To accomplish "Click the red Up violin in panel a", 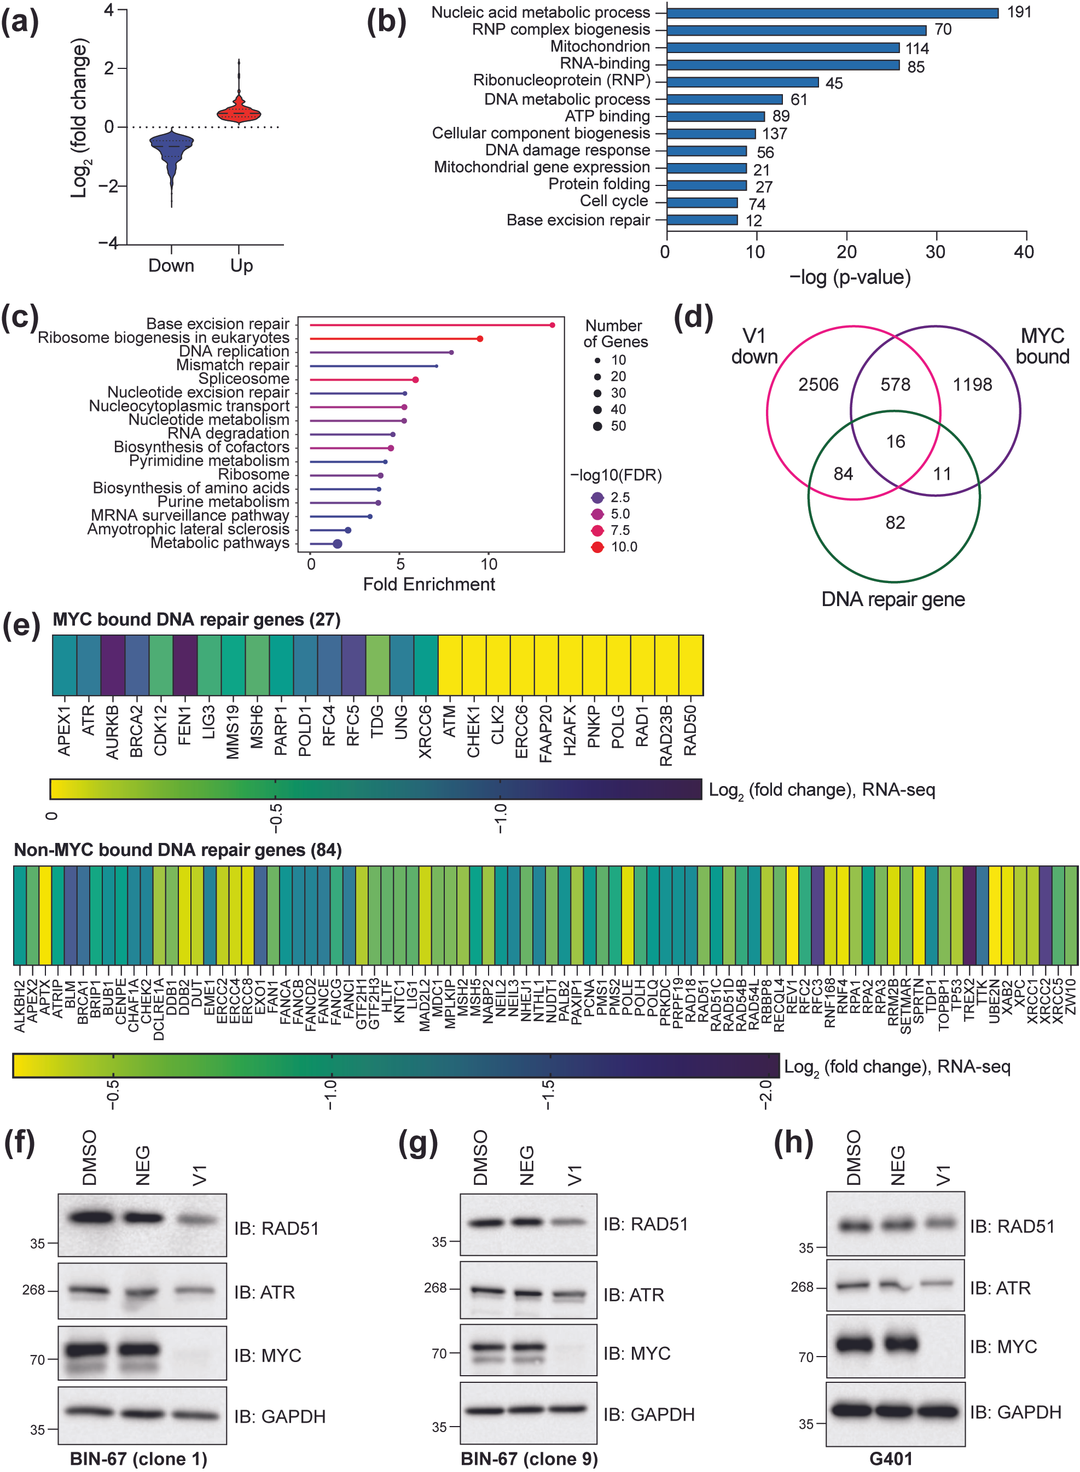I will click(239, 113).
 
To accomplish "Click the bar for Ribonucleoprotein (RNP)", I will click(742, 82).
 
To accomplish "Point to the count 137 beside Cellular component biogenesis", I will click(774, 133).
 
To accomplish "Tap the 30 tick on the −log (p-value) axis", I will click(936, 252).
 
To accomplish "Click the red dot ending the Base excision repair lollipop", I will click(553, 325).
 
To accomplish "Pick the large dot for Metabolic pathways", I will click(338, 544).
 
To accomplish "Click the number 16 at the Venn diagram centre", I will click(895, 442).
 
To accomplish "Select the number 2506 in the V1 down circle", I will click(818, 385).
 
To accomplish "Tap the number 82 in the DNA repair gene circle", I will click(895, 523).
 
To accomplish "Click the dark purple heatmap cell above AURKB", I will click(113, 665).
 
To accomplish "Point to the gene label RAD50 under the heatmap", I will click(690, 730).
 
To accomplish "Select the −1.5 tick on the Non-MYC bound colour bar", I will click(549, 1093).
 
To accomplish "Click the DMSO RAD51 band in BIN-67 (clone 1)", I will click(90, 1217).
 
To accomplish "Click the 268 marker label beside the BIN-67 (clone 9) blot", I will click(435, 1288).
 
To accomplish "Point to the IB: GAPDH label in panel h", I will click(1015, 1412).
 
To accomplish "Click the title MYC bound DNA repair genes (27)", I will click(196, 620).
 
